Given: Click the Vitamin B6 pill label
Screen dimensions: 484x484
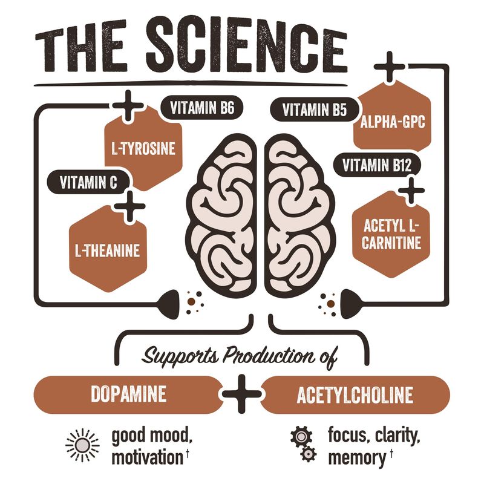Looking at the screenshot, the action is tap(202, 108).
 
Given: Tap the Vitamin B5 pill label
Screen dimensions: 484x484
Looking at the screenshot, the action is tap(315, 110).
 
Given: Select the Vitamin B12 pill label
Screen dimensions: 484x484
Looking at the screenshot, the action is tap(377, 165).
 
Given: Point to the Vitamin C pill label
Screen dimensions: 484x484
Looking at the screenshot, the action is tap(88, 182).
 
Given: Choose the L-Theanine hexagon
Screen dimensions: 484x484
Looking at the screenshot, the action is tap(108, 250).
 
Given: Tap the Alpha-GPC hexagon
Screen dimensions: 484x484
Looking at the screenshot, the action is tap(392, 120).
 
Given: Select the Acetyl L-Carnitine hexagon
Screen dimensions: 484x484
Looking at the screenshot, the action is tap(391, 235).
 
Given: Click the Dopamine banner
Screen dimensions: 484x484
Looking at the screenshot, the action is tap(128, 394).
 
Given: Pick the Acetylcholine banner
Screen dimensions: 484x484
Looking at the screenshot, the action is tap(355, 395).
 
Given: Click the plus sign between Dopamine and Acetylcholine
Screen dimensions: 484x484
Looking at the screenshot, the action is tap(242, 394).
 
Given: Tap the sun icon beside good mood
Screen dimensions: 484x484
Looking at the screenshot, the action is tap(82, 445).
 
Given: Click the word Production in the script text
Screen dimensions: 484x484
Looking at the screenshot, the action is tap(269, 356).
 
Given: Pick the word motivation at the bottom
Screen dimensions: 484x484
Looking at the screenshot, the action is tap(148, 457).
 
